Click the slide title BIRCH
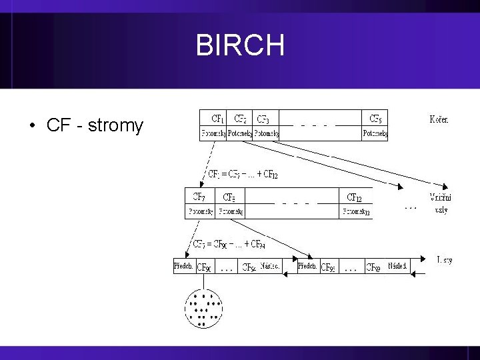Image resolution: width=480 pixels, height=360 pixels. click(x=240, y=45)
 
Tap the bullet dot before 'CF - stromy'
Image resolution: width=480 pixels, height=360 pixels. click(x=32, y=125)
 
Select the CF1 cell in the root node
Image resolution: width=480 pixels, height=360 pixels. click(x=217, y=119)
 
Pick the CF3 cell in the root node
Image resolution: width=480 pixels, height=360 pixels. click(x=263, y=119)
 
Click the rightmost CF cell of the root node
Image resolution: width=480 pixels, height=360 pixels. click(x=375, y=119)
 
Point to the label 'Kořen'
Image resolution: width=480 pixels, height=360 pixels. click(x=438, y=120)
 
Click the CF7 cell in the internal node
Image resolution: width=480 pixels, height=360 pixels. click(x=199, y=197)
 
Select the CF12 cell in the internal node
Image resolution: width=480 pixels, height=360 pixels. click(x=355, y=197)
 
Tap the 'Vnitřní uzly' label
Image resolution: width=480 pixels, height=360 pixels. click(x=439, y=203)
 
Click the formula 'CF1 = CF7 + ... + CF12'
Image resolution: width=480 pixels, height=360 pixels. click(x=243, y=174)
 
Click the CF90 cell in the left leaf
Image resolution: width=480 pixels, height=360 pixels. click(x=204, y=267)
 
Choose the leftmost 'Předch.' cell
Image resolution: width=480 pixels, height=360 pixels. click(x=184, y=266)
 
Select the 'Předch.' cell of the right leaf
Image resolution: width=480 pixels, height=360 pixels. click(x=307, y=266)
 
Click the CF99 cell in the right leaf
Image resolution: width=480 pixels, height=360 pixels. click(x=373, y=267)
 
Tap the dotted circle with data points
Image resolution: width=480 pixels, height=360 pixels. click(x=203, y=307)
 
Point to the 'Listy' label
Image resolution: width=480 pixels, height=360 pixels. click(x=444, y=260)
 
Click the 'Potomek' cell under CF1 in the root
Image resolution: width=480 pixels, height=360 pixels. click(x=213, y=133)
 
